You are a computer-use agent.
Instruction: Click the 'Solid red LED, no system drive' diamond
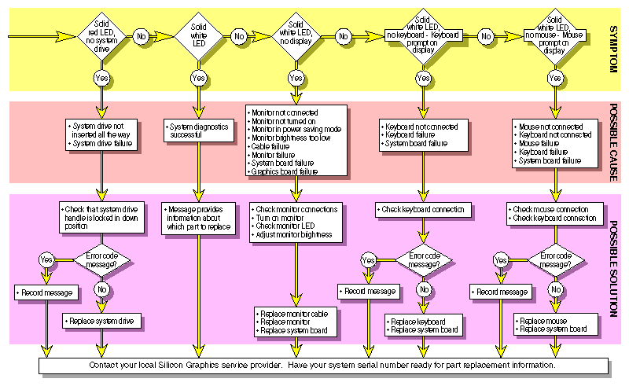pos(101,36)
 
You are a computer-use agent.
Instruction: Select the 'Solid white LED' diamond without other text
pos(199,36)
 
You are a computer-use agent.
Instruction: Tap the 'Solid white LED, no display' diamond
pos(296,36)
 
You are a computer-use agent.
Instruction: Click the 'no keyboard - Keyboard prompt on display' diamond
pos(424,36)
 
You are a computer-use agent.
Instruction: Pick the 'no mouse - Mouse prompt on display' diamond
pos(555,36)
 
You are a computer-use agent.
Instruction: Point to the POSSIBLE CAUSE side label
pos(615,142)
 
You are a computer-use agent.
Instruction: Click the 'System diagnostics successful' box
pos(199,131)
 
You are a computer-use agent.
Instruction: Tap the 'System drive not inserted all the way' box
pos(101,131)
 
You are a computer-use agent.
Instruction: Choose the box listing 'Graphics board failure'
pos(296,139)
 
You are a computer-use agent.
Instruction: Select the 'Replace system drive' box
pos(101,321)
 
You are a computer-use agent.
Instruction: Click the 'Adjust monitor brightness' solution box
pos(296,222)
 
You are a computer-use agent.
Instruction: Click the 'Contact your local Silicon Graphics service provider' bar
pos(323,366)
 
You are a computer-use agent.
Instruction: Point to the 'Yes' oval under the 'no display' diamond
pos(296,78)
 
